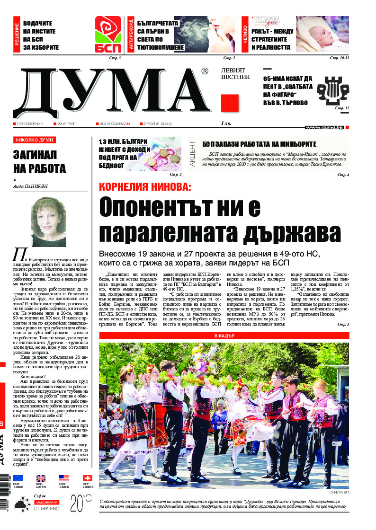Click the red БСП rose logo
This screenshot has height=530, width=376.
point(108,34)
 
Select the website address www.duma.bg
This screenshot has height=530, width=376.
point(324,127)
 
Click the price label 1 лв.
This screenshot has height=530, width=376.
point(226,124)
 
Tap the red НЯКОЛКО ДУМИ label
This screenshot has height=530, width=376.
point(34,140)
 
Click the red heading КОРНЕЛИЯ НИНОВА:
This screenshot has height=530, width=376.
point(145,187)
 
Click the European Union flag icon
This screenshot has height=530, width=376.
point(18,478)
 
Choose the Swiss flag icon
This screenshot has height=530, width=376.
point(87,478)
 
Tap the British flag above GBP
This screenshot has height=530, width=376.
point(41,478)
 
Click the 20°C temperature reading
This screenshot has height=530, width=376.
point(81,503)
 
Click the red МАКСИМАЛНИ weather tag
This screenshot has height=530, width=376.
point(46,502)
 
